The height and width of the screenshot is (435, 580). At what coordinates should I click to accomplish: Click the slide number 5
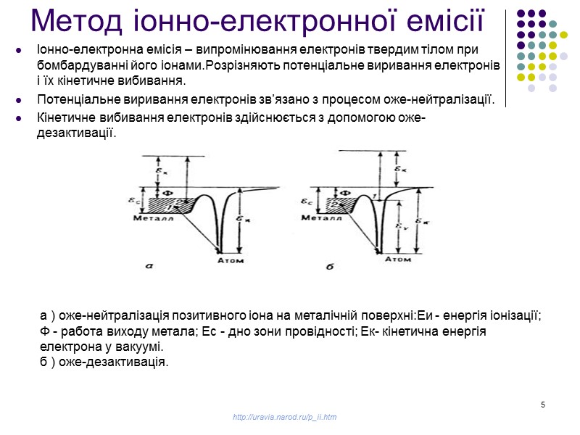[542, 404]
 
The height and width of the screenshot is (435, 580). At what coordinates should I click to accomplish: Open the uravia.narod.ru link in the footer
[284, 417]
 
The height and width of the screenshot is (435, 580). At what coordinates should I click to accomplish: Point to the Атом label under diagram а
[231, 260]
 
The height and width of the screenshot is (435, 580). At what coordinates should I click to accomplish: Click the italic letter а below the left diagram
[148, 266]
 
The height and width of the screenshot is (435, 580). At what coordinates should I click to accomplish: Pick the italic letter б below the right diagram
[329, 267]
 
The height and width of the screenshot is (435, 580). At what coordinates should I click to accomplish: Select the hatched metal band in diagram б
[341, 204]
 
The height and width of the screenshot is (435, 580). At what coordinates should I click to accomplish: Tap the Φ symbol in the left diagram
[165, 192]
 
